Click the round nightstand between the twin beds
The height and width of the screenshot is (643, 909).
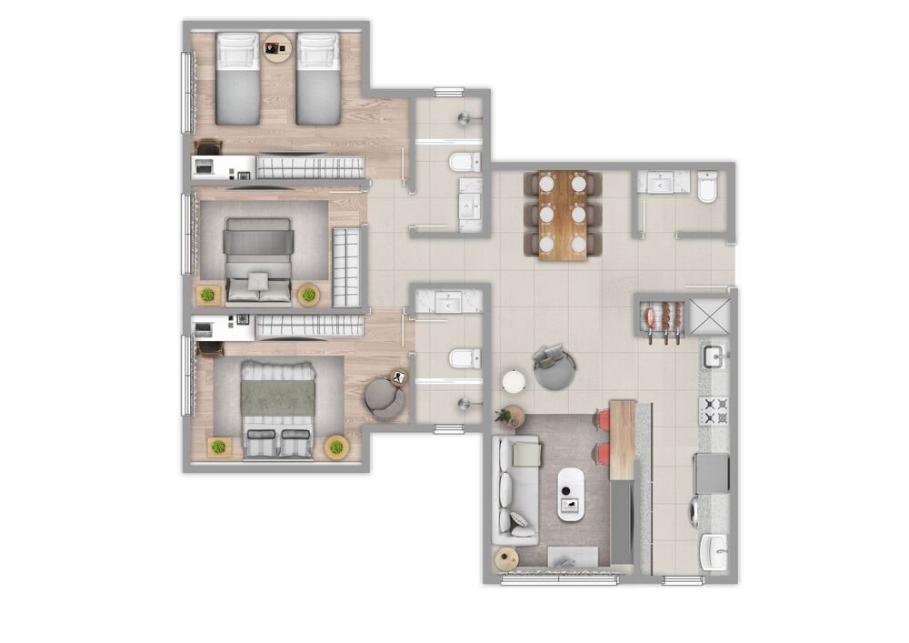point(277,47)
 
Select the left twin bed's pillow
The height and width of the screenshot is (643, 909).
point(237,52)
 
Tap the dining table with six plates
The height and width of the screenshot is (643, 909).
point(562,215)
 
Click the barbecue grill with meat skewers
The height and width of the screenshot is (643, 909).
point(663,319)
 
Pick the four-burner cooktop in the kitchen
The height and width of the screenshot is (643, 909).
point(714,411)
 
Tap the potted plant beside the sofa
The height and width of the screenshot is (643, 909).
point(508,417)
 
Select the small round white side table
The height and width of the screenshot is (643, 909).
point(514,382)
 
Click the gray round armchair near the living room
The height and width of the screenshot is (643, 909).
point(554,367)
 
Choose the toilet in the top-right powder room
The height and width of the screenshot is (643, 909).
point(708,188)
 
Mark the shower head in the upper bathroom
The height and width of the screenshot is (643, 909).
point(466,117)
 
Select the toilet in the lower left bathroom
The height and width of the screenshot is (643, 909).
point(464,358)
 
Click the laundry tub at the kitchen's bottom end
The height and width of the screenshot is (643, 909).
point(714,549)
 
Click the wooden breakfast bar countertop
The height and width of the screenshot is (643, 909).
point(622,438)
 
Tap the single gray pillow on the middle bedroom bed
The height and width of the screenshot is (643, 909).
point(259,280)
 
